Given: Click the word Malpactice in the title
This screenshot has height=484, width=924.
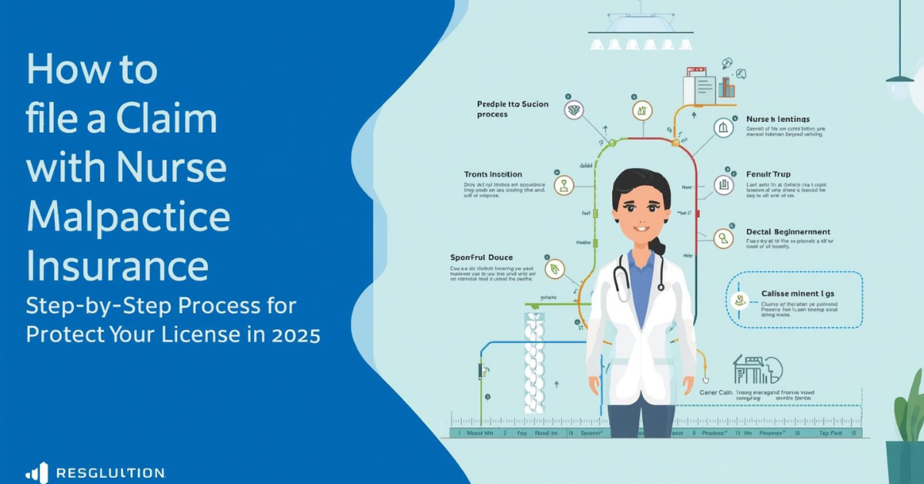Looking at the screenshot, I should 128,217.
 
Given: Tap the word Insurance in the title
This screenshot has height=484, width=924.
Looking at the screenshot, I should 117,266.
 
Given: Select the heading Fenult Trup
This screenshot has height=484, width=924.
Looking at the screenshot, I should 768,175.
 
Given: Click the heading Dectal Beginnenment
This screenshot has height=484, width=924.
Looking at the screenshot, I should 788,232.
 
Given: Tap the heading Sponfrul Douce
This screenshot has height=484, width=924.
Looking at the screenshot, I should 480,257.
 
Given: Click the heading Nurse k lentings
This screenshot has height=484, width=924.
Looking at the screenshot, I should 778,119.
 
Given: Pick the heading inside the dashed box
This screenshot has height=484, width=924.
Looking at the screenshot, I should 798,294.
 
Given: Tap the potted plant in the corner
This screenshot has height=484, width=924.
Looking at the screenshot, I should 906,432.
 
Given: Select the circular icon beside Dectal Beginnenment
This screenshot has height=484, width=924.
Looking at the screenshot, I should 723,238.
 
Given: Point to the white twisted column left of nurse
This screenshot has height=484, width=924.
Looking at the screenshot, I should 534,362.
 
